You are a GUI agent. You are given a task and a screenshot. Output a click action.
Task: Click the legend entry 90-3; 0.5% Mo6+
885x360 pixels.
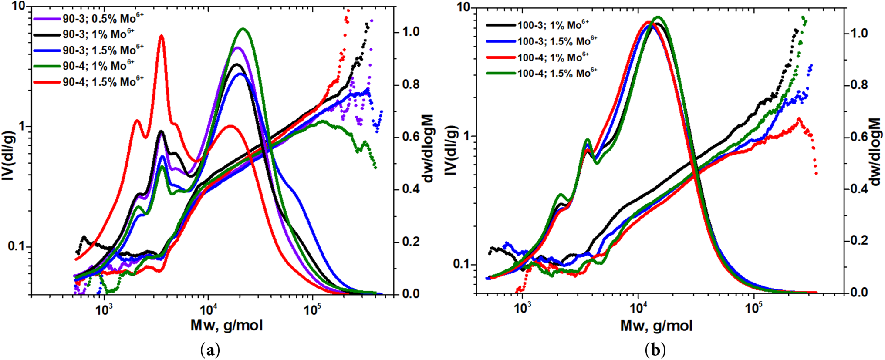103,18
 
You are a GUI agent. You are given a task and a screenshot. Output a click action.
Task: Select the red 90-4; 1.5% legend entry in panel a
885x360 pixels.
103,81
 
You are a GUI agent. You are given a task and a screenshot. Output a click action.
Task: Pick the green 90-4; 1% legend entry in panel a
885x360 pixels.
98,66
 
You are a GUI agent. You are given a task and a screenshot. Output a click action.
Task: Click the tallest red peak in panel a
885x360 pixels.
162,36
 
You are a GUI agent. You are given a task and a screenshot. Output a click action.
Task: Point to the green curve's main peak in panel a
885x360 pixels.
243,29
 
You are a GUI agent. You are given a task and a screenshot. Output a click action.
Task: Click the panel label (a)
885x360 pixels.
211,350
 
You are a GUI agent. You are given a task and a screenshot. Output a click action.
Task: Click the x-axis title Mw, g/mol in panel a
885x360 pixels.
226,325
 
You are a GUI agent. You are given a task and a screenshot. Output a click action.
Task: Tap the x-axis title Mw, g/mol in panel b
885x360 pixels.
656,326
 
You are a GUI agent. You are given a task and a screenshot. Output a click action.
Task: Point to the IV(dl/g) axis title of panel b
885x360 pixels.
452,150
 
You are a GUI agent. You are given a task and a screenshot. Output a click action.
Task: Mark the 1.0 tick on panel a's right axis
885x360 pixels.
411,32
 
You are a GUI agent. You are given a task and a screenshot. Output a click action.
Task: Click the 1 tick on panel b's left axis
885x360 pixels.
467,136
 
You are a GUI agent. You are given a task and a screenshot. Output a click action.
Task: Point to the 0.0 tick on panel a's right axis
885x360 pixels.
411,294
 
